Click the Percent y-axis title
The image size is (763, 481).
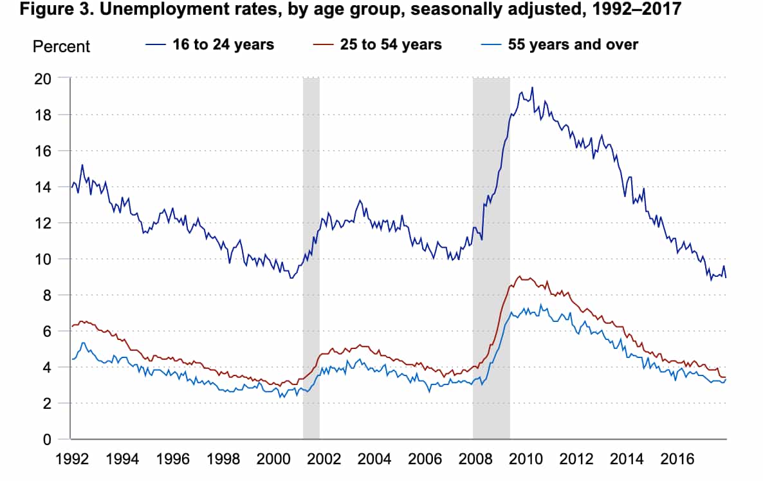click(x=61, y=46)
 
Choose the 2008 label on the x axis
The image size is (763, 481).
click(x=475, y=460)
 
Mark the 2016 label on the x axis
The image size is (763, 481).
click(x=677, y=460)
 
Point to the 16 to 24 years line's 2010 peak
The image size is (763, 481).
click(x=531, y=88)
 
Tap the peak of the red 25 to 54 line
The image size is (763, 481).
click(x=520, y=276)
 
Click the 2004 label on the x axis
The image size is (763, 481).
click(x=374, y=460)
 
